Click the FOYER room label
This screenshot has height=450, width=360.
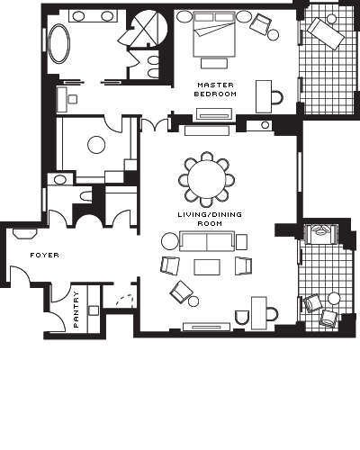pos(44,256)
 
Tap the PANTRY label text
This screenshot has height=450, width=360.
pos(76,310)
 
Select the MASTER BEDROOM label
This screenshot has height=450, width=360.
pos(215,89)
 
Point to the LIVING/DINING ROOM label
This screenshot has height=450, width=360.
pos(210,219)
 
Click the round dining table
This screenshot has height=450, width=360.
pos(206,180)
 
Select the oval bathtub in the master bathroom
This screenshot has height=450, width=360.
pos(59,44)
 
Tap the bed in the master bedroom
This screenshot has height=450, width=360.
pos(214,34)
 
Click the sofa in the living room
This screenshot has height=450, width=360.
pos(207,241)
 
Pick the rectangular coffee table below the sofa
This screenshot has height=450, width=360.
pos(207,267)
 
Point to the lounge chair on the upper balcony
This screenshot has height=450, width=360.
pos(325,33)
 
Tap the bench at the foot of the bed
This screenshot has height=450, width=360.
pos(214,63)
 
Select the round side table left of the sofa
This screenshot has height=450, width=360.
pos(170,241)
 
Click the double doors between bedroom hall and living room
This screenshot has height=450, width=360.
pos(155,124)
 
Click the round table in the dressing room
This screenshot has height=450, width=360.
pos(96,145)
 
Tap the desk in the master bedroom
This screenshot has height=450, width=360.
pos(264,96)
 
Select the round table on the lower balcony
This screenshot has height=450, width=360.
pos(334,299)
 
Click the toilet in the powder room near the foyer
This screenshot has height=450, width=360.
pos(85,196)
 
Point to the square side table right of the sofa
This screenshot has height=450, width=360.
pos(241,242)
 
